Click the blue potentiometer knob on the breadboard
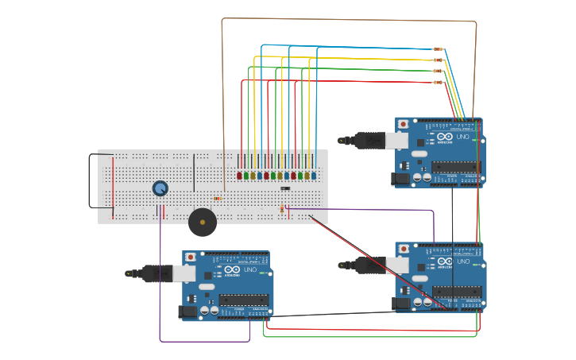pos(160,188)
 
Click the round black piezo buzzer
pos(202,223)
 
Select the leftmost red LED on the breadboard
pos(239,176)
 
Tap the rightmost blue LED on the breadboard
pos(314,176)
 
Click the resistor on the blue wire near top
pos(438,49)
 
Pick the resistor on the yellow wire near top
pos(438,60)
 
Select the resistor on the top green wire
pos(438,72)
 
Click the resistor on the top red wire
pos(438,83)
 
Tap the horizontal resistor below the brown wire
pos(217,199)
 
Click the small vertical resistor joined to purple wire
pos(282,209)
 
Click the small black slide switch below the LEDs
pos(284,188)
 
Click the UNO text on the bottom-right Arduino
pos(462,261)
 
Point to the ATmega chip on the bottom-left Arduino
pos(243,300)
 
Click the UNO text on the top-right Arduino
pos(462,137)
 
